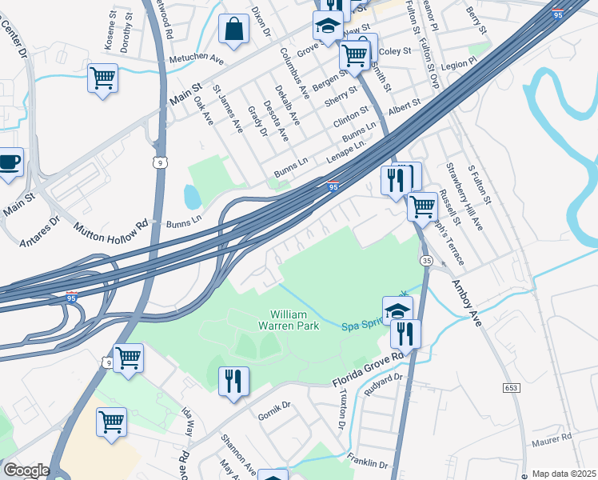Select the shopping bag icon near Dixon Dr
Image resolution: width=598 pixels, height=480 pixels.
(x=235, y=30)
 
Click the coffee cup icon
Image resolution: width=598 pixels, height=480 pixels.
(x=10, y=163)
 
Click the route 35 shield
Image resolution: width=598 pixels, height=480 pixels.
(x=427, y=261)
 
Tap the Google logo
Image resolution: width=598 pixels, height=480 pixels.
(x=26, y=470)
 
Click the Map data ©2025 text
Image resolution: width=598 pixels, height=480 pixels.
(x=564, y=474)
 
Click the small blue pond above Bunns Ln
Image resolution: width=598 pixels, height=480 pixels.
(x=193, y=195)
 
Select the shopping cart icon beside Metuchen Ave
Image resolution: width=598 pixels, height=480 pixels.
(x=102, y=79)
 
